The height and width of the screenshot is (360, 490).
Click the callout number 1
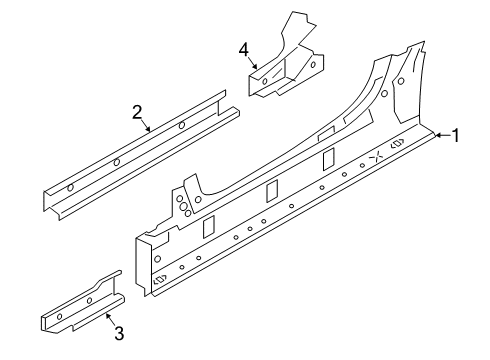pyautogui.click(x=455, y=136)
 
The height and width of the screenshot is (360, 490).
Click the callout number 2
pyautogui.click(x=137, y=112)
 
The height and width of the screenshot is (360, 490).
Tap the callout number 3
pyautogui.click(x=119, y=333)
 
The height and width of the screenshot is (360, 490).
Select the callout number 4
pyautogui.click(x=244, y=51)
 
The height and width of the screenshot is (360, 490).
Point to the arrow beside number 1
pyautogui.click(x=443, y=135)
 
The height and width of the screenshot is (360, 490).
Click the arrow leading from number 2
pyautogui.click(x=145, y=125)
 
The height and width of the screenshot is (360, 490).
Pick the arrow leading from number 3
pyautogui.click(x=110, y=319)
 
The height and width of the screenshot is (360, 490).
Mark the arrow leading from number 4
pyautogui.click(x=253, y=63)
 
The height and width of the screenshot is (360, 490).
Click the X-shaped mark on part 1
pyautogui.click(x=377, y=156)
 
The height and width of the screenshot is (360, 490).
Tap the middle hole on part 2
pyautogui.click(x=117, y=162)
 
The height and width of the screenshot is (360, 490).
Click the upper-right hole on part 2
pyautogui.click(x=182, y=125)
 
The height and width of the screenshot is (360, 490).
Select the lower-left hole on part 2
pyautogui.click(x=70, y=188)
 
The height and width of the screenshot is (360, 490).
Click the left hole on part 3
pyautogui.click(x=60, y=316)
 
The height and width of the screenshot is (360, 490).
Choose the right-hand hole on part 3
pyautogui.click(x=89, y=301)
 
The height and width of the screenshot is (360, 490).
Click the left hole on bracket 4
pyautogui.click(x=265, y=81)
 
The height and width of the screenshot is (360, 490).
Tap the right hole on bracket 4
pyautogui.click(x=313, y=65)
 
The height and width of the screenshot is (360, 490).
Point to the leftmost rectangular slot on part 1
pyautogui.click(x=209, y=227)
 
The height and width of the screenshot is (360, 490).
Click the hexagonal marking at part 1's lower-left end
pyautogui.click(x=160, y=279)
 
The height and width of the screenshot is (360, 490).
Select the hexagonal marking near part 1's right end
pyautogui.click(x=398, y=143)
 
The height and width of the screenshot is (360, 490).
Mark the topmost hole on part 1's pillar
pyautogui.click(x=401, y=81)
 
